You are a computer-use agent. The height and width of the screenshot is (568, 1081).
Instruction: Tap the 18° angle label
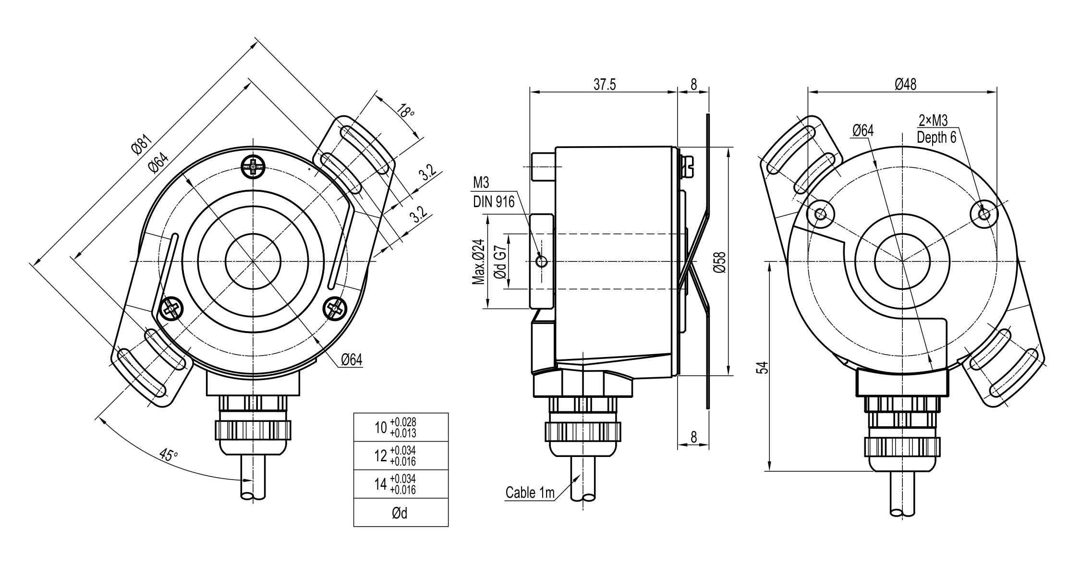(x=405, y=111)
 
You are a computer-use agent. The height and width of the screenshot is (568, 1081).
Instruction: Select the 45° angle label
(x=168, y=455)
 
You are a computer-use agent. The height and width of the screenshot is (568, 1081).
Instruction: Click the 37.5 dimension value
(x=604, y=85)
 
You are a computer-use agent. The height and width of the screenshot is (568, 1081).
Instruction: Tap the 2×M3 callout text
(x=933, y=120)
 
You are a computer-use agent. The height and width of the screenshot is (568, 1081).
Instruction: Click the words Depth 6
(x=936, y=137)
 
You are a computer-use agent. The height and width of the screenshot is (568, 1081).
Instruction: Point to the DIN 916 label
(x=494, y=201)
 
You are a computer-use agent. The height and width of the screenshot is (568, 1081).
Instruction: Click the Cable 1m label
(x=530, y=493)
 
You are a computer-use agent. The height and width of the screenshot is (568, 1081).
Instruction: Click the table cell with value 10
(x=401, y=427)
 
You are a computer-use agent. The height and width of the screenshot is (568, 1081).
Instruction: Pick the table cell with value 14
(x=401, y=484)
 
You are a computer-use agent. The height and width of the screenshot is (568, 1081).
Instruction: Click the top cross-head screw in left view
(x=253, y=167)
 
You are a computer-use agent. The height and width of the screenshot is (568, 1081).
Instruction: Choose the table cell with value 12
(x=401, y=456)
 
